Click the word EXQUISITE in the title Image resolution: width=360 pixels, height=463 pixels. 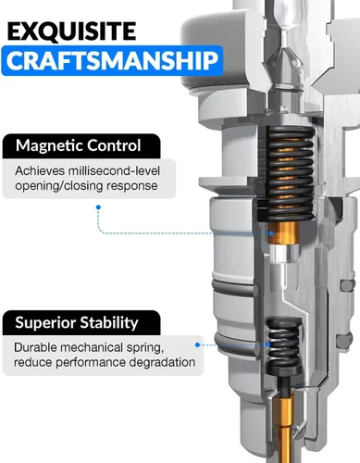pos(71,31)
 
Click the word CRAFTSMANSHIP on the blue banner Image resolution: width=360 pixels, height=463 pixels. pos(112,60)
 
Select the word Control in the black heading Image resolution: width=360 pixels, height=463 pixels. pos(113,145)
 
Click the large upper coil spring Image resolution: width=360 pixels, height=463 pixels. pos(290,173)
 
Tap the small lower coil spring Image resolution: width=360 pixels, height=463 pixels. pos(283,346)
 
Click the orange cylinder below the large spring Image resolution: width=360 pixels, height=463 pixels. pos(283,233)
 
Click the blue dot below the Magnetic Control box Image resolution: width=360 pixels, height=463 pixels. pos(98,207)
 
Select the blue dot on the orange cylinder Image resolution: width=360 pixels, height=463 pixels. pos(271,233)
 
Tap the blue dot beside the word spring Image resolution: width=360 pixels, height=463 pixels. pos(198,344)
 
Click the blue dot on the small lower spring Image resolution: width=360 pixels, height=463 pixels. pos(268,344)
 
